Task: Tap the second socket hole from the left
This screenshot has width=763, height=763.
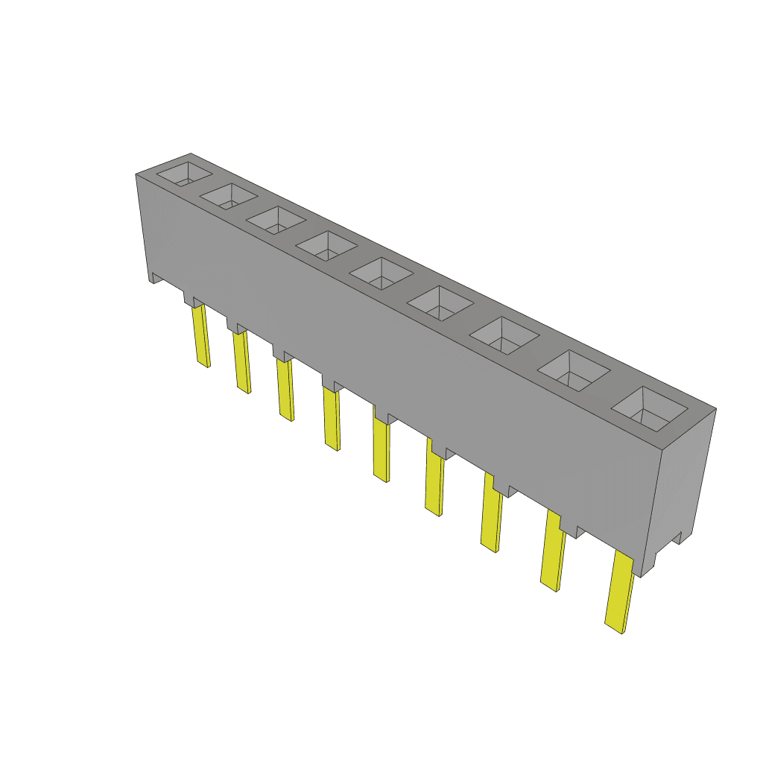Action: click(228, 197)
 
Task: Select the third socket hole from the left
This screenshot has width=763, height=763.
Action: click(276, 221)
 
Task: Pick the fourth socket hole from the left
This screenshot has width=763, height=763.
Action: click(326, 246)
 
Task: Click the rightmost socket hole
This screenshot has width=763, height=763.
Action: click(648, 410)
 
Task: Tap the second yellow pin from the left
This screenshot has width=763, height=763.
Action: click(241, 362)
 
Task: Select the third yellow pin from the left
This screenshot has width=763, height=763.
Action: click(285, 390)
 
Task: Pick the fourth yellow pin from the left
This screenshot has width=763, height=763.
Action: click(332, 419)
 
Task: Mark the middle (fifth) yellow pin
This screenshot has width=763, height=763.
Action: click(381, 450)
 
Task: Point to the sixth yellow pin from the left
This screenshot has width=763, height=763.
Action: click(434, 484)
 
